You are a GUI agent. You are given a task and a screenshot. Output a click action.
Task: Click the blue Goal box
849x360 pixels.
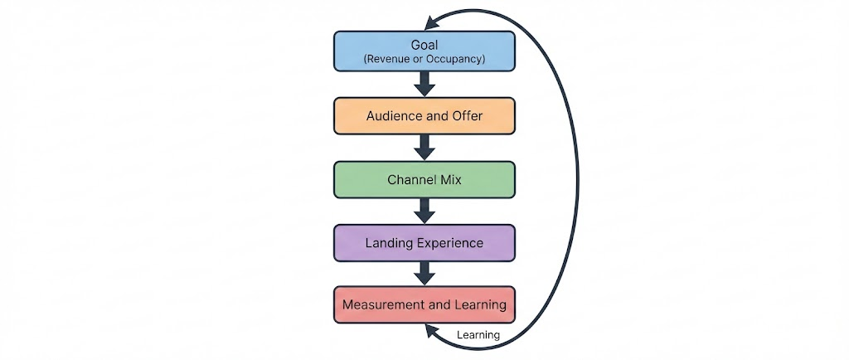[424, 51]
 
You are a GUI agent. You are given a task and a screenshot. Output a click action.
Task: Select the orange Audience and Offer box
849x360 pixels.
[424, 115]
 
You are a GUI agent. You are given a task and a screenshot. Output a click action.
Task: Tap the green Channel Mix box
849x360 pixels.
[424, 179]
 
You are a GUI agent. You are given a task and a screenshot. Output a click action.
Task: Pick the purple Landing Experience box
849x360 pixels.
[424, 243]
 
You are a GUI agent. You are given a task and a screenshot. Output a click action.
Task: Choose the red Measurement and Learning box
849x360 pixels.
[424, 304]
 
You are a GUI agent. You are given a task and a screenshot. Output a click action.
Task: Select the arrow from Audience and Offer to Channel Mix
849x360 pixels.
[424, 148]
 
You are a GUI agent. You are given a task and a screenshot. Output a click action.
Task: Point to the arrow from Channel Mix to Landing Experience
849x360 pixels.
[424, 212]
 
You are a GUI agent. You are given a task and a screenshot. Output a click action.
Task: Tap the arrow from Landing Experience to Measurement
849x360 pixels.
[424, 275]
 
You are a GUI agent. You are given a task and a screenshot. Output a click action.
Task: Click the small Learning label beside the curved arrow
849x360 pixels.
[478, 335]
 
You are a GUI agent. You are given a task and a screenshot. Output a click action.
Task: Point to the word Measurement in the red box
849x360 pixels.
[383, 304]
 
